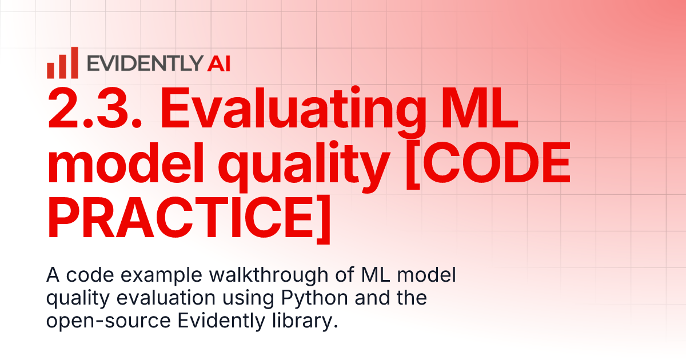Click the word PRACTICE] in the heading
coord(189,217)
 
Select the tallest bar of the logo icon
coord(74,62)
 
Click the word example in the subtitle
coord(146,277)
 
